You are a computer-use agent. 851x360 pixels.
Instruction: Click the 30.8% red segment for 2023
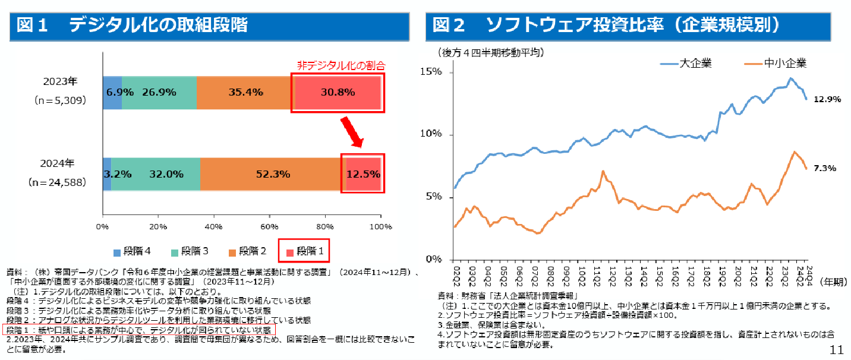[x=338, y=92]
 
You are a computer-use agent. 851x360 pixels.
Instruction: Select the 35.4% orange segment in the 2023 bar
[x=246, y=92]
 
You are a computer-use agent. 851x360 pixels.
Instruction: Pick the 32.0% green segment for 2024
[x=156, y=174]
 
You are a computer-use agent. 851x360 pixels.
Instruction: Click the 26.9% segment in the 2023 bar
[x=159, y=92]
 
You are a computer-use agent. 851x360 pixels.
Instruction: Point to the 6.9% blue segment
[x=112, y=92]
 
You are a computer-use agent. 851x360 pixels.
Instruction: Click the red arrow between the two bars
[x=352, y=132]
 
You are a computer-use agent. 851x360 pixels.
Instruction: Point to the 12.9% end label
[x=827, y=99]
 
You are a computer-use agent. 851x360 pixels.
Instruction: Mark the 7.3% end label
[x=825, y=168]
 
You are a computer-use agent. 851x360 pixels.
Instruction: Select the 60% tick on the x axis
[x=270, y=226]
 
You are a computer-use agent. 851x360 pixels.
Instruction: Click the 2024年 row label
[x=60, y=163]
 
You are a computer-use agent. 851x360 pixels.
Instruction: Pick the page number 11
[x=836, y=350]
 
